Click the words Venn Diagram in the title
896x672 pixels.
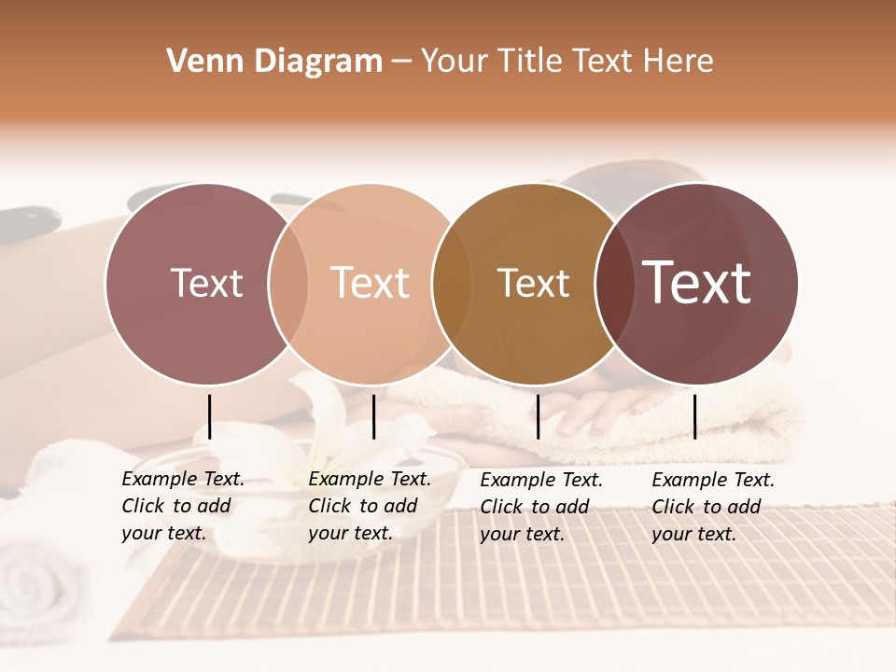coord(274,62)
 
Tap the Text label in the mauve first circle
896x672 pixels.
coord(206,283)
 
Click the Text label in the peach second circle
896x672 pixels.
coord(370,283)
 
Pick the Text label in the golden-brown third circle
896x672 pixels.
coord(533,283)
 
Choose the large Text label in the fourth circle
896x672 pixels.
coord(697,283)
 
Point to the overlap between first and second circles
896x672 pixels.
coord(288,283)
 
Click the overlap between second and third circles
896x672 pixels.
coord(452,283)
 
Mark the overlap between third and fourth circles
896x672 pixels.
coord(615,283)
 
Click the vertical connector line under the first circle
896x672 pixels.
coord(210,416)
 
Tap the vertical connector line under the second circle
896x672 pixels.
coord(373,416)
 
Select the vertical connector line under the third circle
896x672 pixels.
coord(539,416)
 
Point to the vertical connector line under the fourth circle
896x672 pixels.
coord(695,416)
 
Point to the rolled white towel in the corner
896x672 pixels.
coord(37,583)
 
